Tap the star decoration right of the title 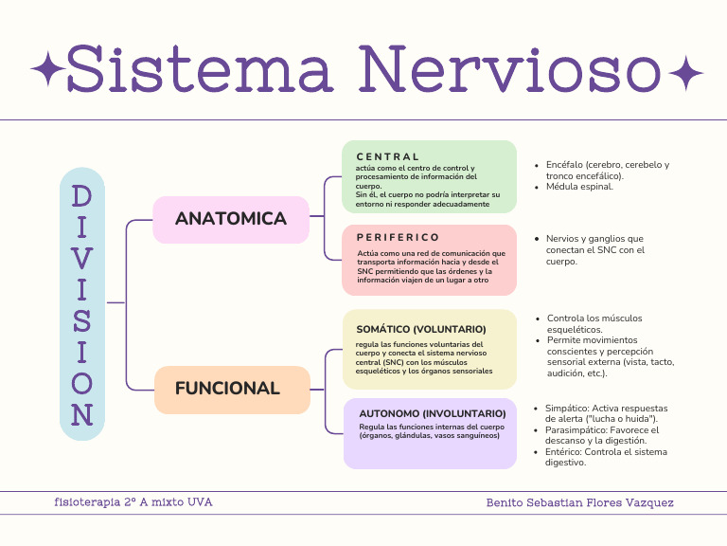(685, 71)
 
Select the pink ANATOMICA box (231, 219)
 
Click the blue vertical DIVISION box (82, 304)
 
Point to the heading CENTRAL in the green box (387, 156)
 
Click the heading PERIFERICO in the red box (398, 237)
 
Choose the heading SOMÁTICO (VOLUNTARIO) (421, 329)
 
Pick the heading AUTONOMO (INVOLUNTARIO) (432, 414)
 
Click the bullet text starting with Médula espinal (579, 187)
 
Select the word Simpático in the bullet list (567, 408)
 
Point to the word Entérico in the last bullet (565, 452)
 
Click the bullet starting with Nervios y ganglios (594, 239)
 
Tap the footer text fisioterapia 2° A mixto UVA (133, 501)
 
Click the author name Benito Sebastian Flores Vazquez (579, 502)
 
